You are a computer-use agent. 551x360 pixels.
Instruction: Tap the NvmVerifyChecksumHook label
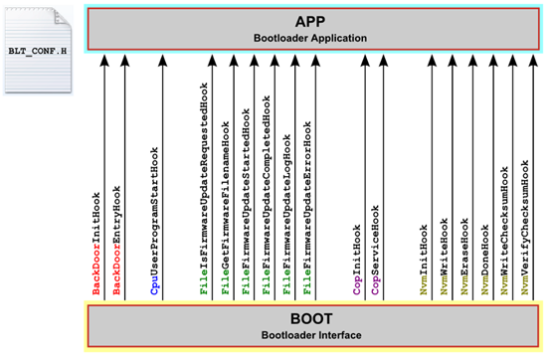pos(525,227)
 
